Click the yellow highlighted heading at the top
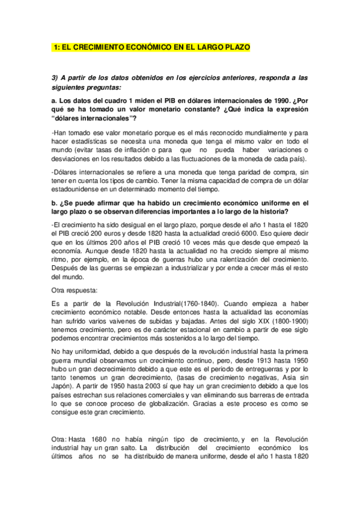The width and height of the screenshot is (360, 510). [x=151, y=47]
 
